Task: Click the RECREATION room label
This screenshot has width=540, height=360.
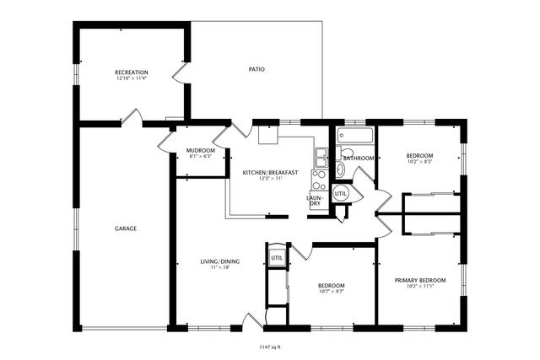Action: click(131, 73)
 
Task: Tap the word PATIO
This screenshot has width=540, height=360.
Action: click(256, 69)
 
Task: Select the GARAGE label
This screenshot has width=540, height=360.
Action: click(126, 228)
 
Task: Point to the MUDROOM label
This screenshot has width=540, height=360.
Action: click(200, 150)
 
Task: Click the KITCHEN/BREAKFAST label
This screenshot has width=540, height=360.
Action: click(270, 172)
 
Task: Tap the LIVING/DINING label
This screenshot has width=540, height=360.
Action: click(219, 261)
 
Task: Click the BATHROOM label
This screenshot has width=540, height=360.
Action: click(359, 158)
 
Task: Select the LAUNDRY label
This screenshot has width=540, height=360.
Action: click(314, 201)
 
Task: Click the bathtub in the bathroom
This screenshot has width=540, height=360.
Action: click(355, 136)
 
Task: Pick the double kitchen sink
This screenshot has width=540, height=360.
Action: click(321, 155)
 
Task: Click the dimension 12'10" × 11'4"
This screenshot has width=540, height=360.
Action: click(131, 79)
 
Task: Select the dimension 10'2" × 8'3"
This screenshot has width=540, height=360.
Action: click(419, 162)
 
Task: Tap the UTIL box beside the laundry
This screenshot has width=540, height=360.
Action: click(341, 193)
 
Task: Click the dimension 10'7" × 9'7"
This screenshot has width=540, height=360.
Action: click(331, 292)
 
